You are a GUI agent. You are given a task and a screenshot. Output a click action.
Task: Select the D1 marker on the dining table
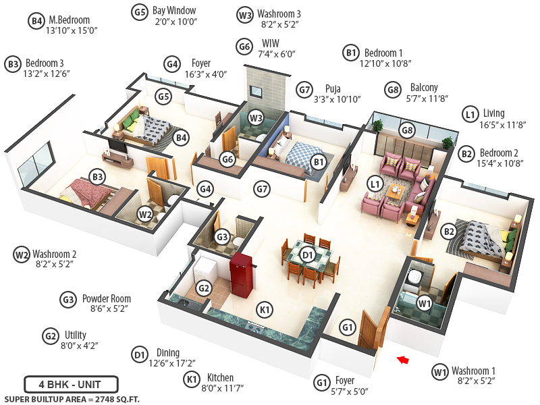click(x=308, y=255)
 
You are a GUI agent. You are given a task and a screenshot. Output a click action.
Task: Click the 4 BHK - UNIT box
click(x=72, y=384)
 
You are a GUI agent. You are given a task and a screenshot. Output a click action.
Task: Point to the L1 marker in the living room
click(x=375, y=184)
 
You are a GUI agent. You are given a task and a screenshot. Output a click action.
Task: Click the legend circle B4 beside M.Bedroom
click(x=36, y=21)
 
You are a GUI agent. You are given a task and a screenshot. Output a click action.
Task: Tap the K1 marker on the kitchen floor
click(x=265, y=310)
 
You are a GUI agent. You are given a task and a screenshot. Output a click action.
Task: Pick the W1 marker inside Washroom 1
click(x=424, y=303)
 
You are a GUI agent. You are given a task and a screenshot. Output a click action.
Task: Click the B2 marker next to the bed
click(x=449, y=232)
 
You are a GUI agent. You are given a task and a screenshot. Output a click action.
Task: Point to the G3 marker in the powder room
click(x=223, y=237)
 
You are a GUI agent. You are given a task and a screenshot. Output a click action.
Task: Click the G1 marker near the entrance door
click(x=347, y=328)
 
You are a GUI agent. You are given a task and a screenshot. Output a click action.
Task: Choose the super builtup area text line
click(x=72, y=399)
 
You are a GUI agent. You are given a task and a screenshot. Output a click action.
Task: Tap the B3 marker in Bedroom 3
click(x=98, y=178)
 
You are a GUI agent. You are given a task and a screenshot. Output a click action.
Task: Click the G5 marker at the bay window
click(x=163, y=97)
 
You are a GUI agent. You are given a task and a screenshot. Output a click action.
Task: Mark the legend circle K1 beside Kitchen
click(x=192, y=379)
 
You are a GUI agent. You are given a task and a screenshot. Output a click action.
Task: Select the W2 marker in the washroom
click(x=145, y=215)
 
